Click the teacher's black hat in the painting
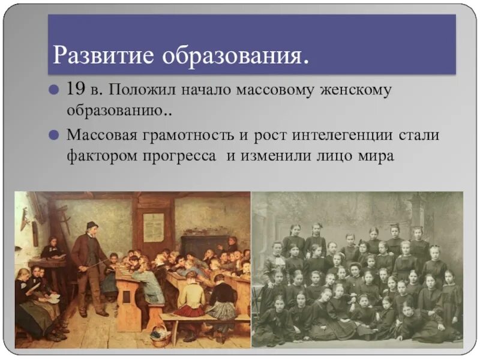click(x=91, y=225)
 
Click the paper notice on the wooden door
click(x=154, y=227)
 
